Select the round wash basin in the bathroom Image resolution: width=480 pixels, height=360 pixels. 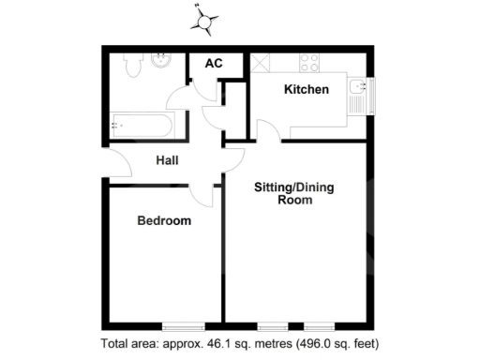point(160,62)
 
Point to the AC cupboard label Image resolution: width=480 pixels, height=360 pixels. point(214,64)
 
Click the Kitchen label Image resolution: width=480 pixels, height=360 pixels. point(307,90)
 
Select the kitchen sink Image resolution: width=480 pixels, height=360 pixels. point(357,94)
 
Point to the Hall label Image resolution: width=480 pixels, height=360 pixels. point(168,160)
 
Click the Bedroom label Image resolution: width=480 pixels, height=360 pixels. point(164,221)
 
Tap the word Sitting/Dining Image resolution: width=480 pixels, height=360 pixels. point(294,187)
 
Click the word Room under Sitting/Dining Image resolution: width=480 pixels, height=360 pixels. point(294,201)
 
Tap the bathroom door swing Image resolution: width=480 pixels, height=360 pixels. point(177,97)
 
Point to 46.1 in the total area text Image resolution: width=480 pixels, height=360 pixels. point(199,343)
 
